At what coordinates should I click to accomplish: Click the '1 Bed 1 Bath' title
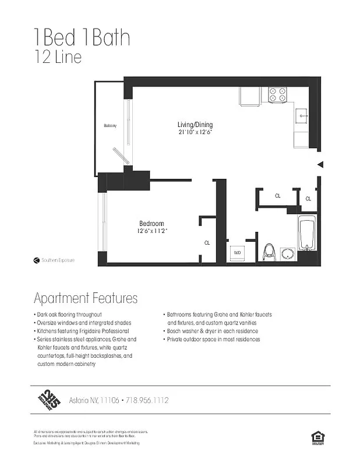[82, 38]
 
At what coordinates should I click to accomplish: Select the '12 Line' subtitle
[57, 57]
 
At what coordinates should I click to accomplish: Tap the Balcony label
[110, 126]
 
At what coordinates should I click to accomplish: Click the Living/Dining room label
[195, 125]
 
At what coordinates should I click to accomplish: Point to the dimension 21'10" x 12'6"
[195, 132]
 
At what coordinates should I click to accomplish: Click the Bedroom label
[151, 224]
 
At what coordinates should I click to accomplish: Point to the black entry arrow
[319, 165]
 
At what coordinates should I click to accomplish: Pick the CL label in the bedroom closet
[207, 242]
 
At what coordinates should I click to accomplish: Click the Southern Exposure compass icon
[36, 260]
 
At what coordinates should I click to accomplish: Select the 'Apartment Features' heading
[86, 298]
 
